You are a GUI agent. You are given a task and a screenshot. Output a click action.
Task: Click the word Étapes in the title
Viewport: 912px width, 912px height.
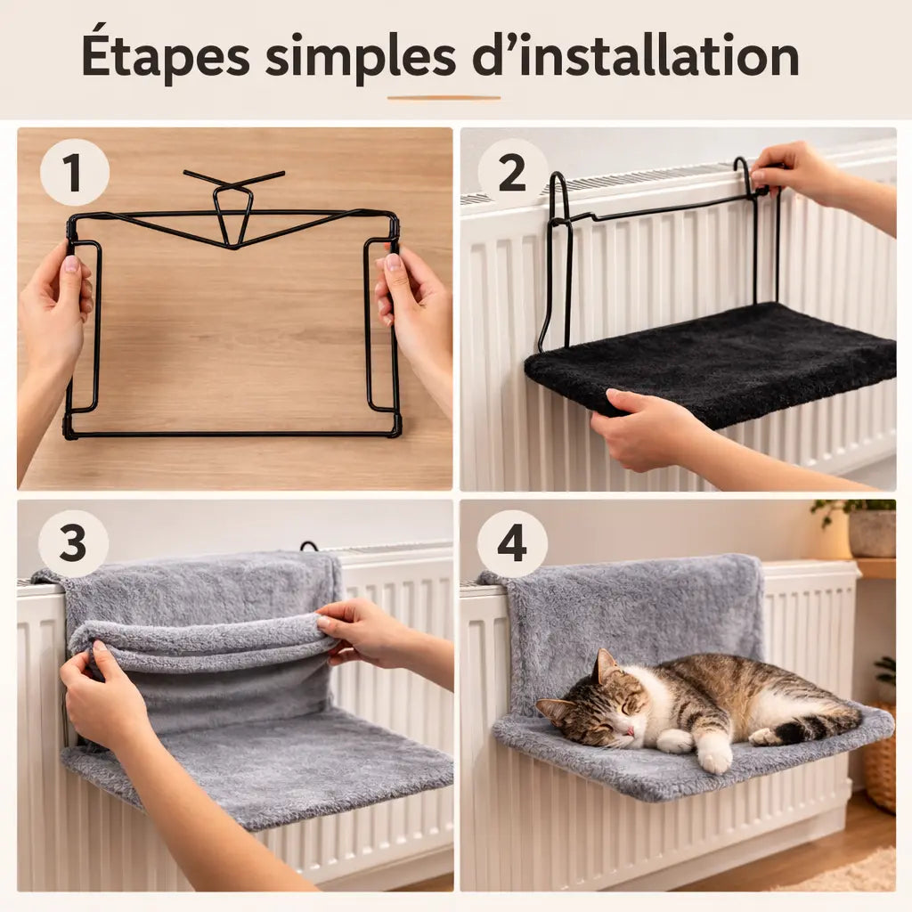[x=166, y=57]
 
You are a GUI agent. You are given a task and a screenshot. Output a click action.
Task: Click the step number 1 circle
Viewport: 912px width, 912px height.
[x=74, y=173]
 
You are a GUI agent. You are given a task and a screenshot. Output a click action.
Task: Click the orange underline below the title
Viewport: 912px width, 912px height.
[x=444, y=98]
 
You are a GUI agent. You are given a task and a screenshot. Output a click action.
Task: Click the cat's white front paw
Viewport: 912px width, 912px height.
[x=714, y=756]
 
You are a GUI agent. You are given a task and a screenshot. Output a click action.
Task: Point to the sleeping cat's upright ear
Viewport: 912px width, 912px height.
[x=606, y=664]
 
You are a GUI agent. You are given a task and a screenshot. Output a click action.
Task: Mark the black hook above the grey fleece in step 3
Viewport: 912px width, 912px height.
[x=309, y=545]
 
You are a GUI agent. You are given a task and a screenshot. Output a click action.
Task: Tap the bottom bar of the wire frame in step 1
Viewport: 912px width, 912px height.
[x=232, y=434]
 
